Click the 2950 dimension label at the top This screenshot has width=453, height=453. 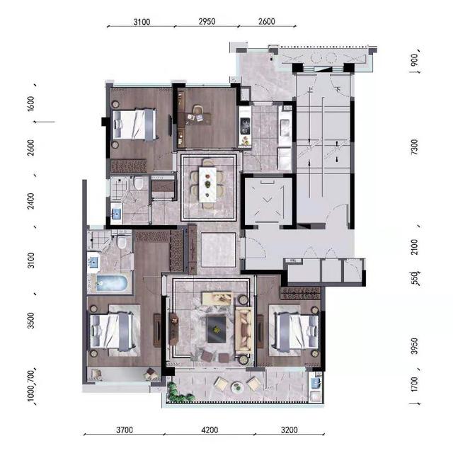pos(207,21)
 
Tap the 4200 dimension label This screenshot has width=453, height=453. pos(210,430)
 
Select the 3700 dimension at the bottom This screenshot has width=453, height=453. pos(125,430)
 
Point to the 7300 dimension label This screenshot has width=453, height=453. pos(414,147)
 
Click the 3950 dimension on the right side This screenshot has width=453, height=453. pos(415,346)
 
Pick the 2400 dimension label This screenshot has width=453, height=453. pos(30,201)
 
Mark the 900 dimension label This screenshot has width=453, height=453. pos(414,59)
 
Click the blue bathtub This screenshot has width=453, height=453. pos(112,283)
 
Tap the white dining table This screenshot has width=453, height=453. pos(207,185)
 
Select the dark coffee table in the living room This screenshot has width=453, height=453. pos(216,329)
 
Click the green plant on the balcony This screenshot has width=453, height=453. pos(176,392)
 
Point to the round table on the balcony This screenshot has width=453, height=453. pos(238,387)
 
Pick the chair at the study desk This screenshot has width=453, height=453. pos(198,110)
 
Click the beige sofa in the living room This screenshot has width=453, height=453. pos(244,329)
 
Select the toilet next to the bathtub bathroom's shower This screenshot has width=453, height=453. pos(122,242)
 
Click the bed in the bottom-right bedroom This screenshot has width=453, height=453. pos(294,331)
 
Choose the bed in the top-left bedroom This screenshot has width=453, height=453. pos(135,125)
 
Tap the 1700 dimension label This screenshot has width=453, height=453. pos(414,384)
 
